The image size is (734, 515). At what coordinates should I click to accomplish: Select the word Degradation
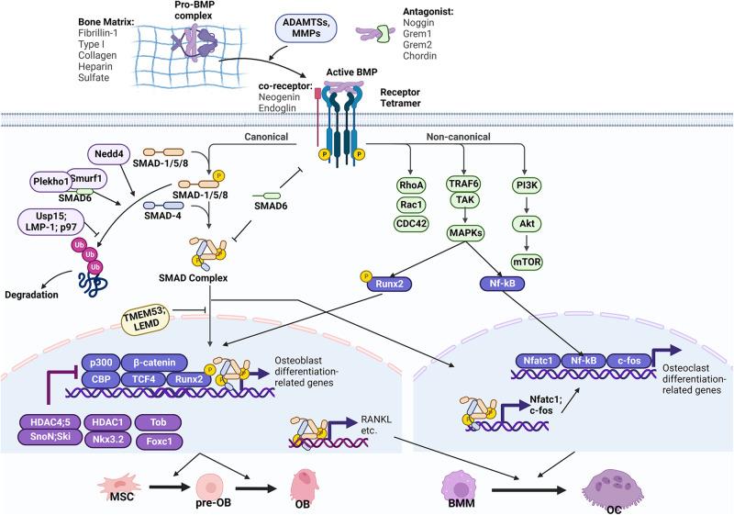pyautogui.click(x=33, y=295)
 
